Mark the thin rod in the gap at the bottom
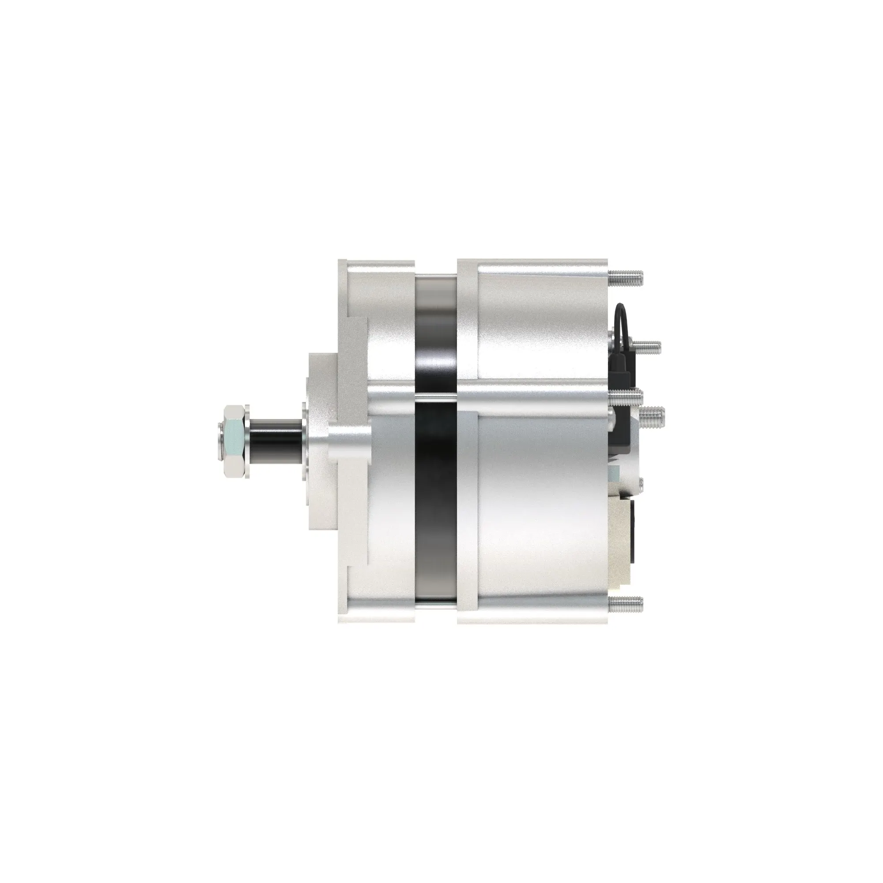click(436, 607)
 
